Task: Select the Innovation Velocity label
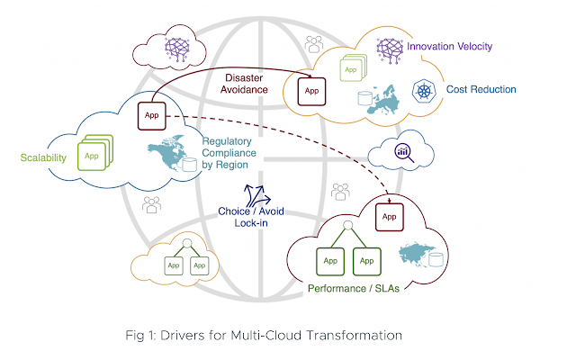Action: click(x=450, y=46)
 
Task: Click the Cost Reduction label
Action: click(x=479, y=90)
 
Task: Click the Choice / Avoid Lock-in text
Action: click(x=244, y=217)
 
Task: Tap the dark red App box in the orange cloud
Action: click(x=310, y=91)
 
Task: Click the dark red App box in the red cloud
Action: click(x=389, y=217)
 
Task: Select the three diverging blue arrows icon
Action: click(x=256, y=193)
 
